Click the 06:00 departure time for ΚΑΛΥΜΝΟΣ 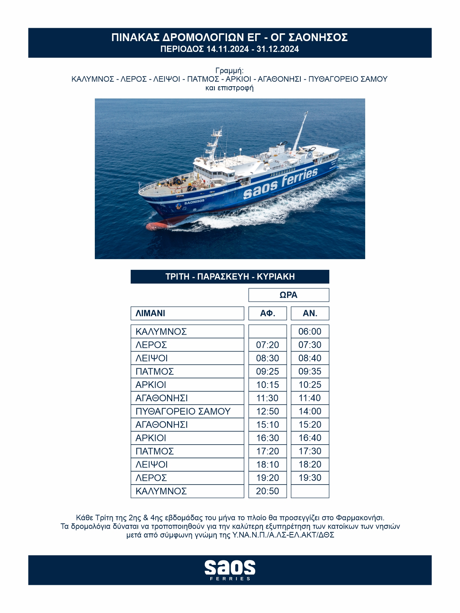(310, 331)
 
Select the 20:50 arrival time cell (267, 491)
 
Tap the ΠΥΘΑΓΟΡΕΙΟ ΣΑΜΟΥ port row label (183, 411)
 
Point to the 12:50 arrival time (267, 411)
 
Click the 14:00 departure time (310, 411)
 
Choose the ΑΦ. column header (267, 313)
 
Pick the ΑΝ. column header (310, 313)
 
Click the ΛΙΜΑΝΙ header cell (187, 313)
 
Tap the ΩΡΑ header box (289, 295)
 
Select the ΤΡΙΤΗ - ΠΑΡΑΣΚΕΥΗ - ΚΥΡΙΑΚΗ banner (230, 277)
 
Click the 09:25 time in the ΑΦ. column (267, 371)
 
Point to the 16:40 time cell (310, 438)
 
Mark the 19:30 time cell (310, 478)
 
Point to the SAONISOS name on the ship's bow (194, 202)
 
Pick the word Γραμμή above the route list (229, 70)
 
